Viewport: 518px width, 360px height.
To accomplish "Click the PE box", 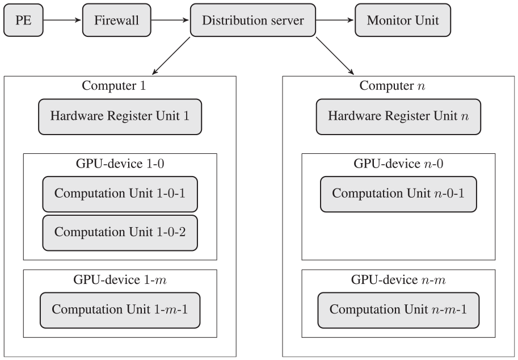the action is point(23,20).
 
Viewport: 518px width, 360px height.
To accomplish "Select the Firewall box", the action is point(117,20).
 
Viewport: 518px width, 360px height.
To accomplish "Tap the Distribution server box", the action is point(253,20).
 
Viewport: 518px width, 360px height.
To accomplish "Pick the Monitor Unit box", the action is point(403,20).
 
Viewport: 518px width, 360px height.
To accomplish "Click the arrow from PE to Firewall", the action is point(62,20).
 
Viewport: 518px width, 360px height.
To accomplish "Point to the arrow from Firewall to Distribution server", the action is point(170,20).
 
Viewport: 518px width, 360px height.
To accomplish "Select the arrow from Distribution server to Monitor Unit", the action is point(335,20).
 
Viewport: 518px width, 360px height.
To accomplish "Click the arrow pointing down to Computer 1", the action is point(171,56).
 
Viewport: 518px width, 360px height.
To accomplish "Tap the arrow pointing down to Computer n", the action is point(335,56).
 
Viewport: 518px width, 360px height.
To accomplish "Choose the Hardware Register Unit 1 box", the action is point(120,117).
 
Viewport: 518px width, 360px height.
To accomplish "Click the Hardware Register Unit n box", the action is point(398,117).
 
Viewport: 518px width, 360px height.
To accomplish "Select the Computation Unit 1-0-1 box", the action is point(120,194).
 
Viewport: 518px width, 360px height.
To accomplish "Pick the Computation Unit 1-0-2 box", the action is point(120,233).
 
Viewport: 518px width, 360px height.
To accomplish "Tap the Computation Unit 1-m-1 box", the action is point(120,310).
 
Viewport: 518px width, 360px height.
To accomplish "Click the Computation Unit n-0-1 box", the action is point(398,194).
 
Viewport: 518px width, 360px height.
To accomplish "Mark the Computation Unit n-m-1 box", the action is point(398,310).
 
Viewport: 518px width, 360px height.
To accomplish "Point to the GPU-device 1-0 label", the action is point(120,164).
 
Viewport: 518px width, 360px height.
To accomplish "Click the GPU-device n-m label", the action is point(398,280).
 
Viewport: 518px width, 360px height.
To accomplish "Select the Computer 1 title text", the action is point(113,86).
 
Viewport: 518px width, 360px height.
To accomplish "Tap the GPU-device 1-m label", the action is point(120,280).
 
